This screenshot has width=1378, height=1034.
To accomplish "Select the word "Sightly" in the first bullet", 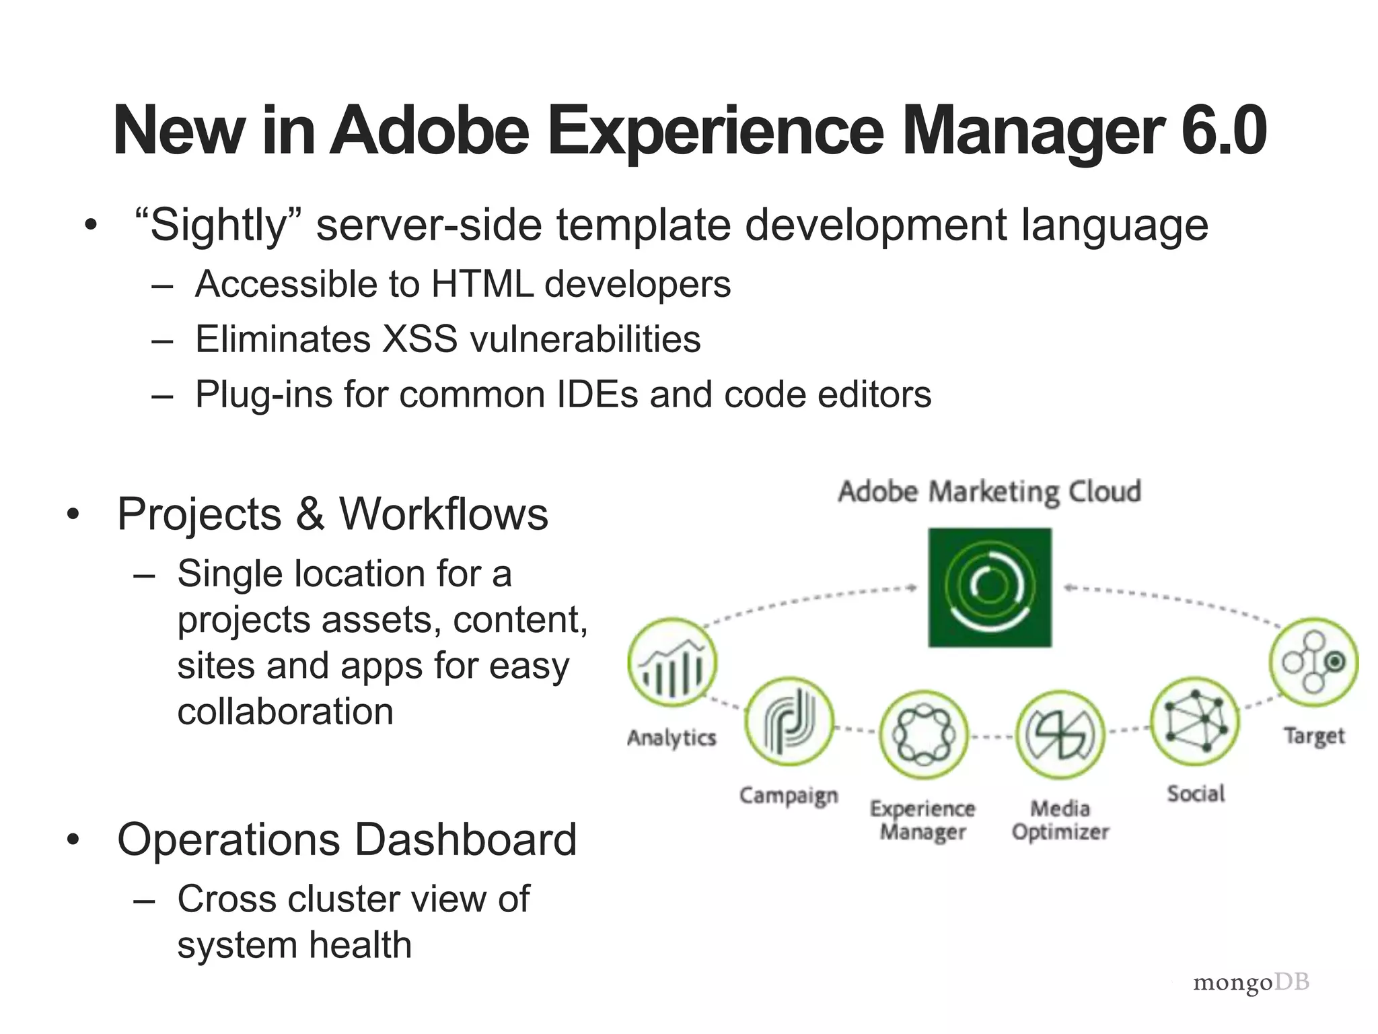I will pos(219,226).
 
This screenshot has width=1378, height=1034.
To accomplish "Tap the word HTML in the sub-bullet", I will pos(482,284).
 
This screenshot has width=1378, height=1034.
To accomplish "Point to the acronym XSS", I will pos(420,339).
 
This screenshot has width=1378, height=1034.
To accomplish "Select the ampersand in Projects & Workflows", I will pos(310,514).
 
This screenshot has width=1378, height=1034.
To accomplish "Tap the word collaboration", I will pos(285,712).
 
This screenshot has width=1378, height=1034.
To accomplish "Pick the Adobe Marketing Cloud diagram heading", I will pos(989,491).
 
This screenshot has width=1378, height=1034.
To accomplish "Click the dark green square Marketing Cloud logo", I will pos(990,587).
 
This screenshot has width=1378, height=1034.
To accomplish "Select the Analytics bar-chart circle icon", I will pos(672,662).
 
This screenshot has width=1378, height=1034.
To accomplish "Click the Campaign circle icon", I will pos(789,722).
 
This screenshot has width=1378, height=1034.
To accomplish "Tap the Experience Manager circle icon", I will pos(923,734).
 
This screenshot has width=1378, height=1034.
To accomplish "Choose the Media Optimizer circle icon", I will pos(1060,734).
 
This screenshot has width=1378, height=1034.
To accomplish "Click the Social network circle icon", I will pos(1195,722).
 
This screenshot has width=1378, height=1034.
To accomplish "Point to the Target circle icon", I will pos(1313,662).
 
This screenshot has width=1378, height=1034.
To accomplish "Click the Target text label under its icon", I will pos(1313,736).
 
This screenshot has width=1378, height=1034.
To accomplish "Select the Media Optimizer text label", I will pos(1060,820).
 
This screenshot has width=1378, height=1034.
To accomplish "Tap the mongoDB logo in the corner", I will pos(1251,983).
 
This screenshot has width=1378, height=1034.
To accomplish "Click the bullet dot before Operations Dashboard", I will pos(73,839).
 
